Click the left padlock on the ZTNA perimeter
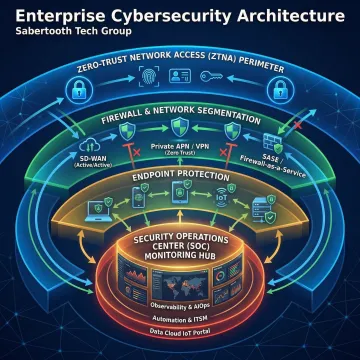tap(76, 92)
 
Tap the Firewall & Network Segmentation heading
tap(180, 119)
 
